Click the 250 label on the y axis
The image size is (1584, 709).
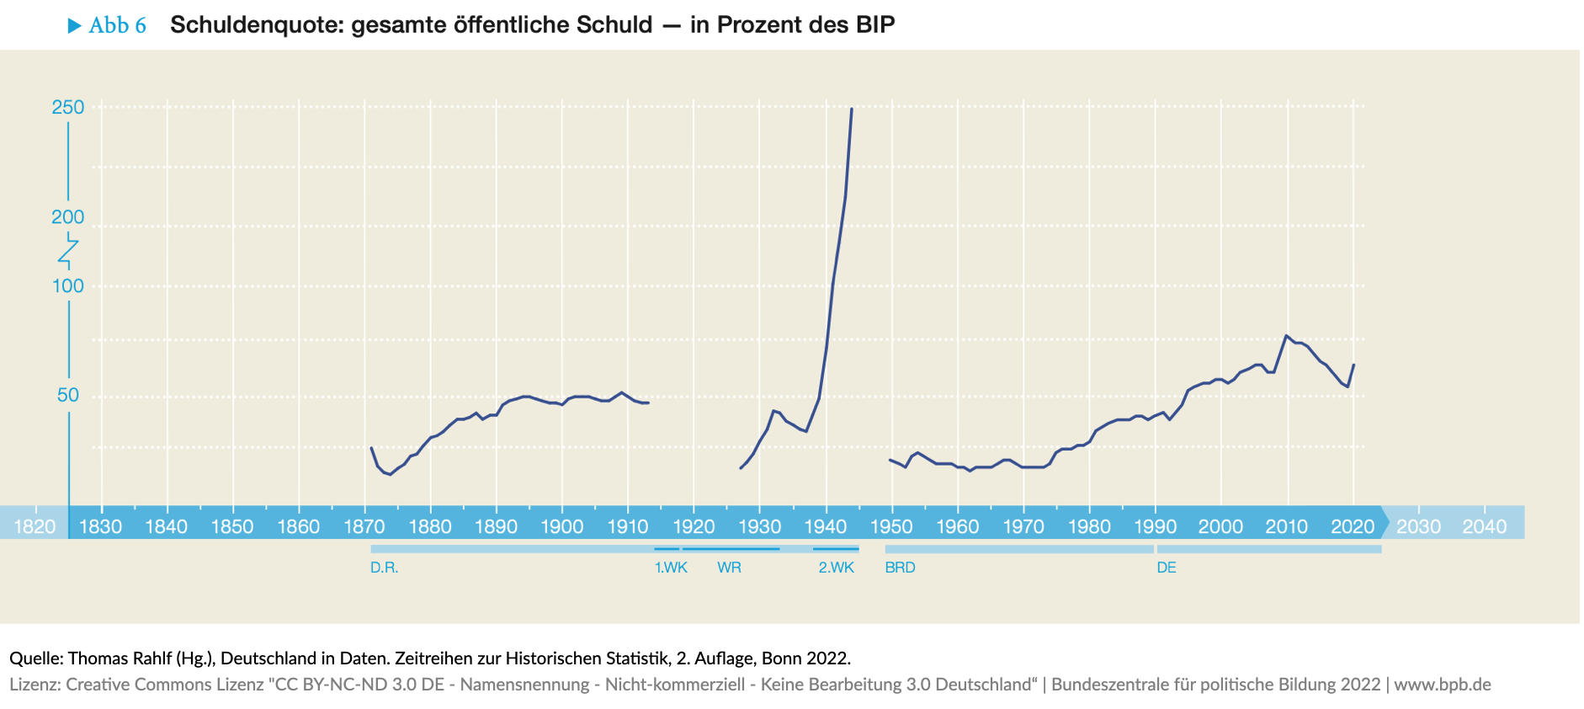68,108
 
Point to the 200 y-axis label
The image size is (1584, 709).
68,217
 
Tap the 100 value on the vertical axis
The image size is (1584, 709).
68,286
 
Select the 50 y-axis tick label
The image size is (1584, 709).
68,395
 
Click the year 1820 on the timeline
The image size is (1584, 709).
35,527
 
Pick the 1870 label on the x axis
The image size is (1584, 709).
364,527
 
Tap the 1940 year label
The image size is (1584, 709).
826,527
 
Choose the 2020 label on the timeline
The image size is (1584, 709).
1353,527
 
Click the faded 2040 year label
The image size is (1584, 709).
1484,527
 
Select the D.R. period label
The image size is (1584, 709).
384,568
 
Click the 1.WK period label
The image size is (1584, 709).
671,568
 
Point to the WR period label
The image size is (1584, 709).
729,568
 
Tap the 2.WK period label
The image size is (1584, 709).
836,568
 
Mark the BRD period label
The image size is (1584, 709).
900,568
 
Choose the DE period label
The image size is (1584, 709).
1167,568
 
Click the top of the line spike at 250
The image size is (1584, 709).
851,109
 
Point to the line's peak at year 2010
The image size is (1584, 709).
1287,336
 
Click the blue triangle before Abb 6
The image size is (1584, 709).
75,26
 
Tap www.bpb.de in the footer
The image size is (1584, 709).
1442,685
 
